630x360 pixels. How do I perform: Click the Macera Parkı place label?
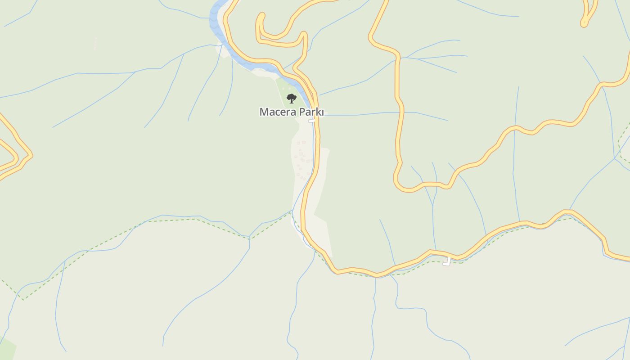(292, 112)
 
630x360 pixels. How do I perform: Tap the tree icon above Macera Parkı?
(292, 98)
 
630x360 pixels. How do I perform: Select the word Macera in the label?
(274, 112)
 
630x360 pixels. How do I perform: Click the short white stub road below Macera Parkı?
(311, 121)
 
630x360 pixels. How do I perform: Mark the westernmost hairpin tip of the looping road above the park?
(260, 18)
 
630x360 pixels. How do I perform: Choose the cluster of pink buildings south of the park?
(301, 160)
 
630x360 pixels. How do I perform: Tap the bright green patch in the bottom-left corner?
(6, 349)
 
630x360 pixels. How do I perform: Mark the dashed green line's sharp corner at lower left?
(22, 299)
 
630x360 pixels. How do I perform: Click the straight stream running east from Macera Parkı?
(382, 113)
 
